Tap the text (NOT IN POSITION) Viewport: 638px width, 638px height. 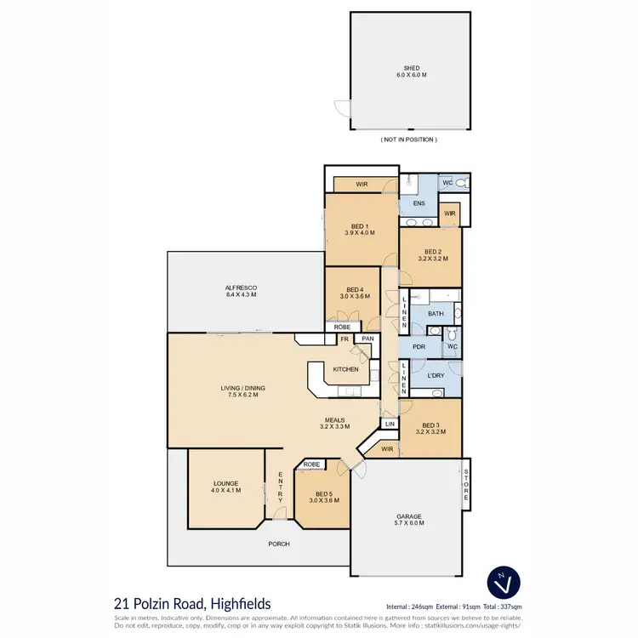pos(408,139)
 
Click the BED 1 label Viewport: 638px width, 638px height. pos(361,225)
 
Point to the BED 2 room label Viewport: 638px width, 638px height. pos(431,253)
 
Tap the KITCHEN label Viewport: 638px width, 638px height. pos(345,369)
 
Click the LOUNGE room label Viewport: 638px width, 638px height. pos(226,484)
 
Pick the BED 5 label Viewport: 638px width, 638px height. pos(322,494)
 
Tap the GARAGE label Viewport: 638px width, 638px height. pos(410,517)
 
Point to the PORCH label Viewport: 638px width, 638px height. pos(280,544)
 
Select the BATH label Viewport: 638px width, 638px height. pos(436,314)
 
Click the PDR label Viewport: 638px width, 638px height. pos(418,346)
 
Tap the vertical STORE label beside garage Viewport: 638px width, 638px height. pos(466,485)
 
